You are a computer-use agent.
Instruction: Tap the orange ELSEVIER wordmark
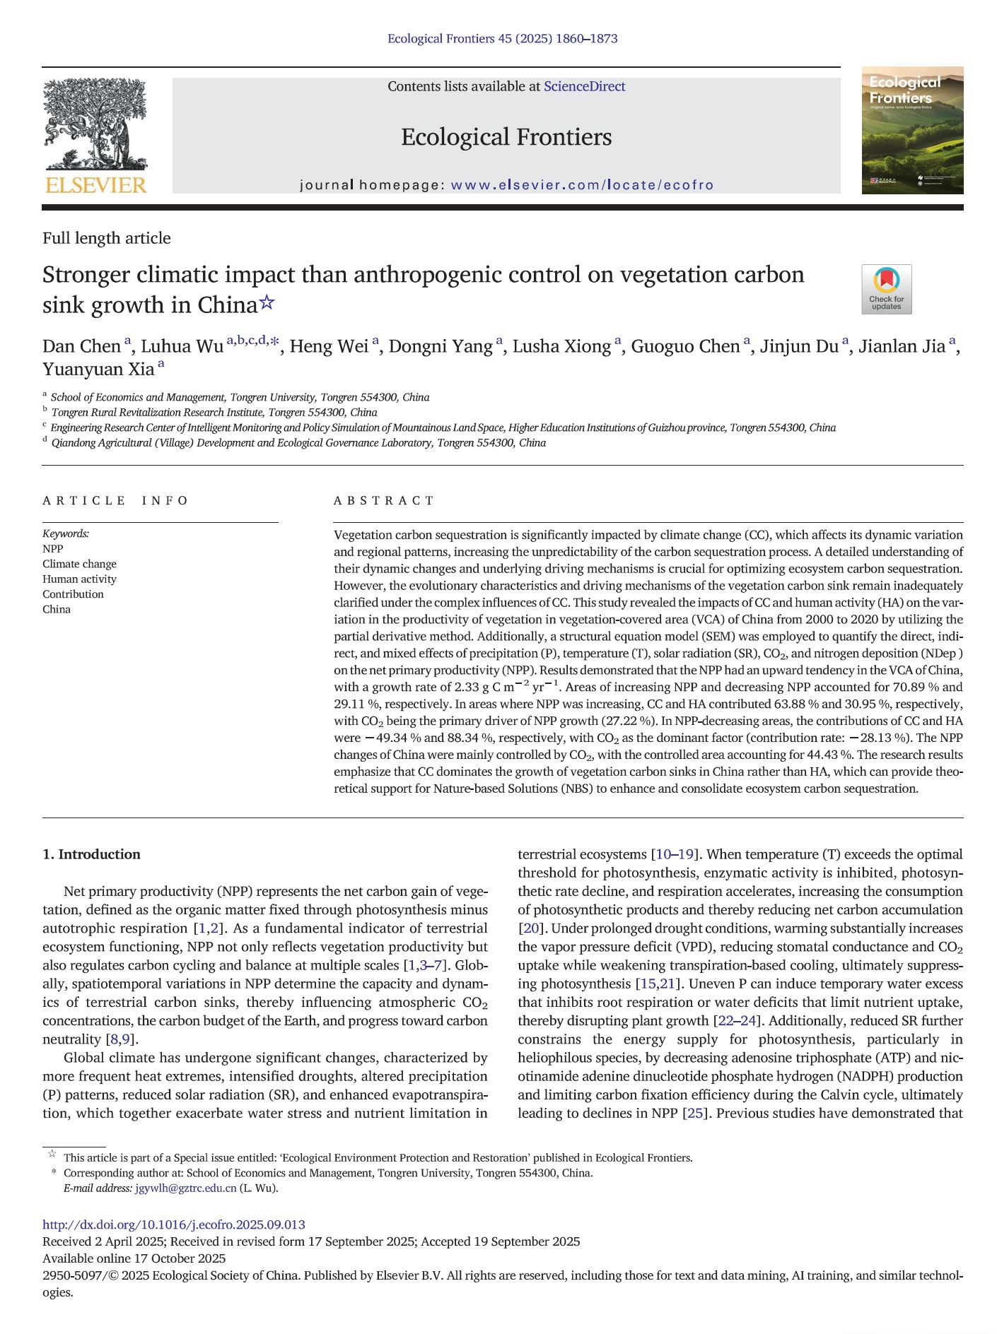coord(95,185)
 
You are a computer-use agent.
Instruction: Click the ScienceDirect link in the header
coord(584,86)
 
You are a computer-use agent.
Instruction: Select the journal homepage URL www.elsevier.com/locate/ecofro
coord(582,185)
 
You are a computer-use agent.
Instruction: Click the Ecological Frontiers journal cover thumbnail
coord(911,130)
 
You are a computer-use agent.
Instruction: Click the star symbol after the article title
coord(267,304)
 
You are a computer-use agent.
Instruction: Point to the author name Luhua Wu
coord(182,346)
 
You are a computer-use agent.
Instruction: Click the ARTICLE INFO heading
coord(115,501)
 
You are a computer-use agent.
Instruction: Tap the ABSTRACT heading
coord(384,501)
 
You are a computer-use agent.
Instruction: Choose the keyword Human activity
coord(79,579)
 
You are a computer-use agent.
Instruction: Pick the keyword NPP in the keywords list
coord(53,549)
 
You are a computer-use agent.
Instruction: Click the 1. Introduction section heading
coord(91,854)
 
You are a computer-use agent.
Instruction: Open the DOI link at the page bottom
coord(174,1224)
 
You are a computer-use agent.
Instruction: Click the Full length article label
coord(107,238)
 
